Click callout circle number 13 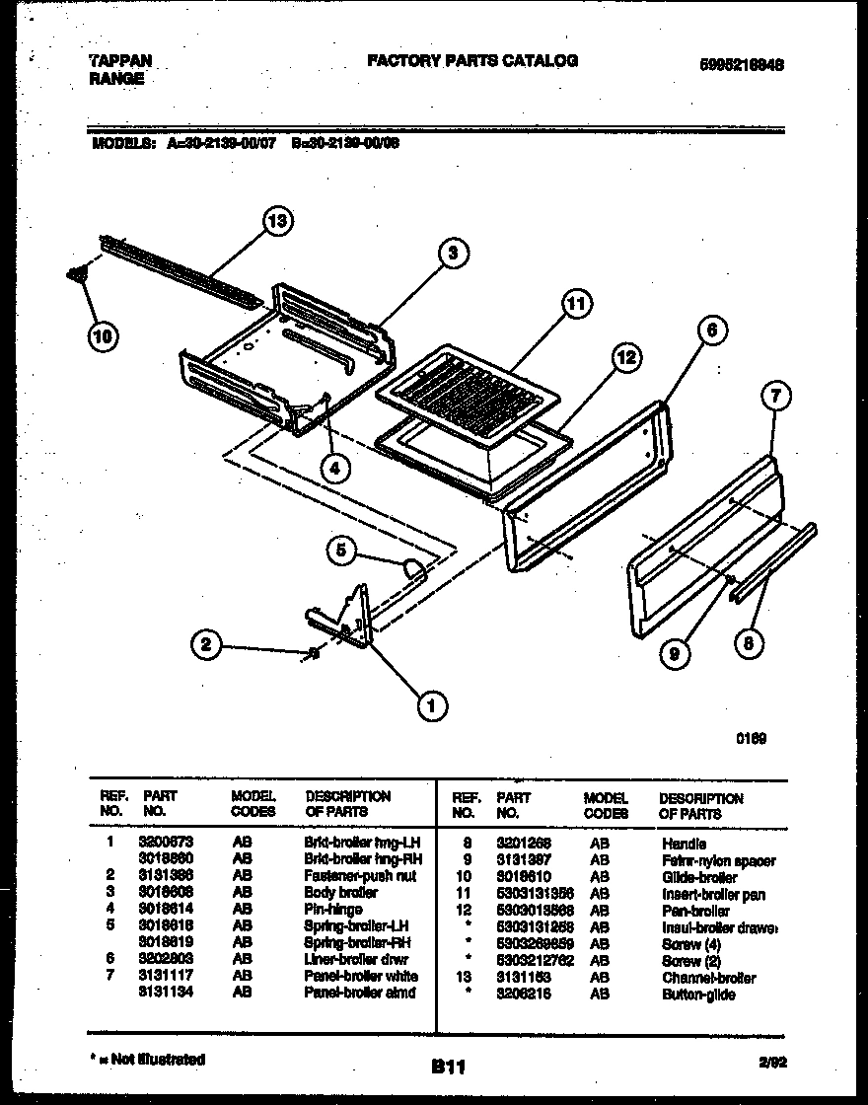[x=279, y=222]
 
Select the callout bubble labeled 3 [x=453, y=253]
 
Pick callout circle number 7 [x=776, y=398]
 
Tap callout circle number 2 [x=205, y=646]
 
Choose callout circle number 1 [x=430, y=702]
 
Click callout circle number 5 [x=341, y=551]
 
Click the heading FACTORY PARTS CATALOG [x=472, y=61]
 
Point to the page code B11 [x=448, y=1067]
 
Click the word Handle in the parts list [x=684, y=844]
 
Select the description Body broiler [x=341, y=892]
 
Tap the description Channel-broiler [x=709, y=978]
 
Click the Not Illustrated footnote [x=148, y=1059]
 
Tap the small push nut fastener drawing [x=315, y=652]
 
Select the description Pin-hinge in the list [x=333, y=909]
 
